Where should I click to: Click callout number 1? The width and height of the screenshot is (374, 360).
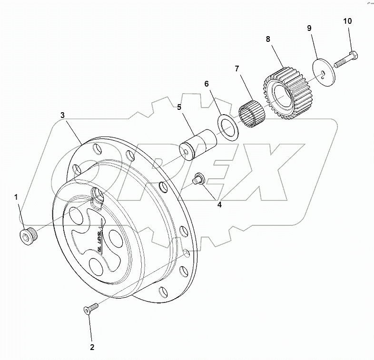click(17, 196)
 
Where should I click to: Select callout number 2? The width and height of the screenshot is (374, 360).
click(92, 347)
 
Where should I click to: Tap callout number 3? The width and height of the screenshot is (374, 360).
click(62, 115)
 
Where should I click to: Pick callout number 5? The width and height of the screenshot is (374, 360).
click(179, 107)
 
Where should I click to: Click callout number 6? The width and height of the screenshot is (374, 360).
click(207, 84)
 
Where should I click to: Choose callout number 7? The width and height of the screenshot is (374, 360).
click(236, 69)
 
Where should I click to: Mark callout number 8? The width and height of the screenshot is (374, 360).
click(268, 39)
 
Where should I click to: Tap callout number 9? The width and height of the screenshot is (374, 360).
click(309, 29)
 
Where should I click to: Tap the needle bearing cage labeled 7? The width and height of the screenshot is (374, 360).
click(252, 116)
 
